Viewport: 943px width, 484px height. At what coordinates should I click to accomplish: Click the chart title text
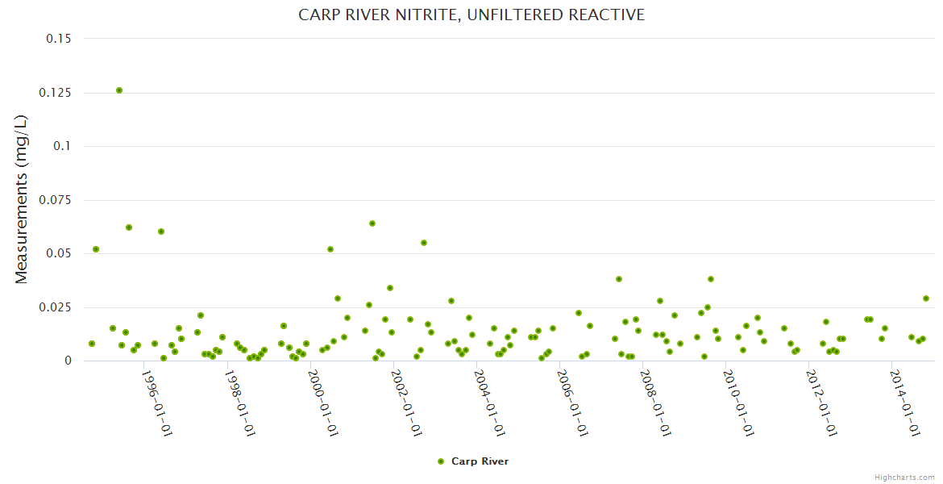tap(471, 15)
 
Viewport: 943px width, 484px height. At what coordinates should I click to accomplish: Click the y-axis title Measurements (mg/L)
tap(22, 198)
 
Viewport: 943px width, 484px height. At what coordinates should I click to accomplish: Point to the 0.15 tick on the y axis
tap(56, 39)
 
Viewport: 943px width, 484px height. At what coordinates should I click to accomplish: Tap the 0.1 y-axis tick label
tap(60, 146)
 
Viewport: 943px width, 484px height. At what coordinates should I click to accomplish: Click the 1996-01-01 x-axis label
tap(156, 403)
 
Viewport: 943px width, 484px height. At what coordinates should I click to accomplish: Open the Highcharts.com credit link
tap(904, 477)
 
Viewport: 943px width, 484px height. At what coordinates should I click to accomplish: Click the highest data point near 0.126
tap(119, 90)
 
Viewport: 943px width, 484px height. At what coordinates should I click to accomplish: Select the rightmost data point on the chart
tap(926, 298)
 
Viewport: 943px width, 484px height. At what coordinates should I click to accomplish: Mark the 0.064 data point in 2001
tap(372, 223)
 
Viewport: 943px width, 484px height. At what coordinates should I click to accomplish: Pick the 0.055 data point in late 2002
tap(424, 243)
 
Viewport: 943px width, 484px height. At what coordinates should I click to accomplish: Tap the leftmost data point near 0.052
tap(96, 249)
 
